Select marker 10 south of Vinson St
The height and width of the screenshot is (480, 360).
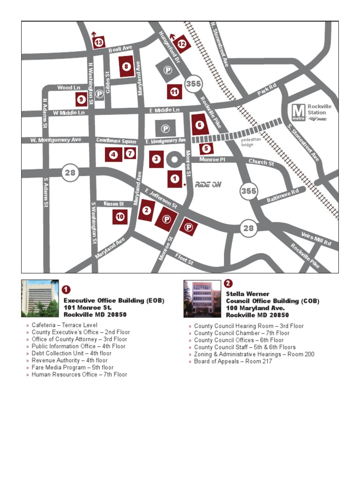(x=120, y=217)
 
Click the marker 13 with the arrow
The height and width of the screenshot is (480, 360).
(x=99, y=43)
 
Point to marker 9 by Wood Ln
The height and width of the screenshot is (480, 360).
(x=81, y=99)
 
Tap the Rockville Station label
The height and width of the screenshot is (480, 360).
(x=319, y=110)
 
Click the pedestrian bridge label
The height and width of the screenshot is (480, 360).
(x=251, y=142)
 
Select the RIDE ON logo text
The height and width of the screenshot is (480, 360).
(x=208, y=184)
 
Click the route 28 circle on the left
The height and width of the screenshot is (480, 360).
(x=70, y=173)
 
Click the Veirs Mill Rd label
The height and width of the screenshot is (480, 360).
(x=316, y=239)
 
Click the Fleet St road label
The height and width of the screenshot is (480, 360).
(x=184, y=259)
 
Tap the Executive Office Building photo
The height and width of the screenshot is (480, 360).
(x=40, y=299)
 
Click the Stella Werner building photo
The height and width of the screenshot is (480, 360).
(x=202, y=299)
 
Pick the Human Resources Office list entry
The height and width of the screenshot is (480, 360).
(x=79, y=375)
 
